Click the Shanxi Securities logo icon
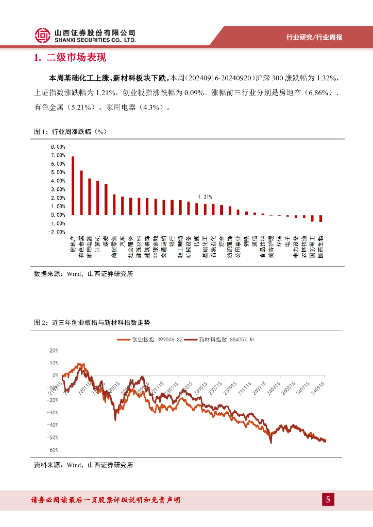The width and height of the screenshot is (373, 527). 42,35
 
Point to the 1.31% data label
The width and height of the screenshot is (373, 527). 205,197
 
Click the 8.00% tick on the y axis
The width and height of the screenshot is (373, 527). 58,147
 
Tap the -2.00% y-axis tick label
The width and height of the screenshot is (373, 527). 57,232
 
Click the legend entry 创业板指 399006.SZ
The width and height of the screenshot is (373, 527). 150,340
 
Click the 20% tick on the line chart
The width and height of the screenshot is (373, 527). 54,350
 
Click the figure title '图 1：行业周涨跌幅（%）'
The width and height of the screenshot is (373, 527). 70,132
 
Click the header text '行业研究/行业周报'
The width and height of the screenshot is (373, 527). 314,38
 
